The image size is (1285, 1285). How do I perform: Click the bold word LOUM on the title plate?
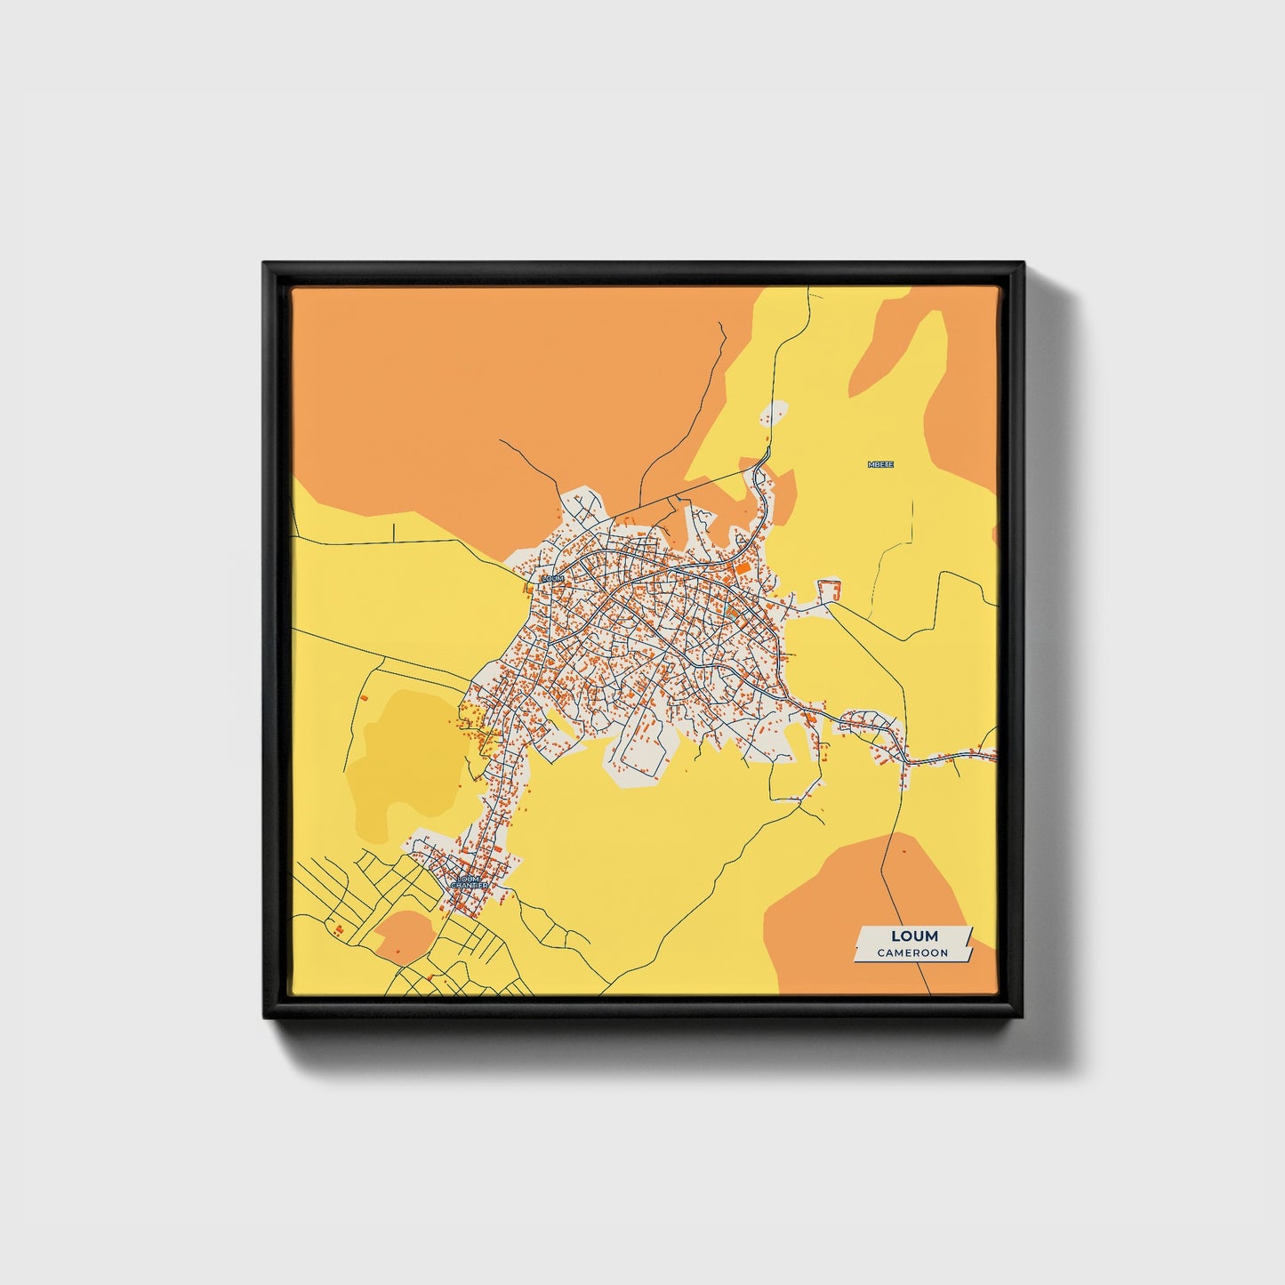[x=914, y=936]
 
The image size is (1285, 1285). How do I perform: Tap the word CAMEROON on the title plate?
[x=912, y=953]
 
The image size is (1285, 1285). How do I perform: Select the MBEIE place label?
[x=880, y=464]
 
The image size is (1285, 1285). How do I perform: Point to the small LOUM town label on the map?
[x=552, y=579]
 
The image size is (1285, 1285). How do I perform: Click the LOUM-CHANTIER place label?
[x=468, y=882]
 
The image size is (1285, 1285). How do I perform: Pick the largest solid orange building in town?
[x=741, y=566]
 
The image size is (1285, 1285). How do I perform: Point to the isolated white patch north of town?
[x=775, y=414]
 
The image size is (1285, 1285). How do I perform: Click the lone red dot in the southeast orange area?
[x=904, y=851]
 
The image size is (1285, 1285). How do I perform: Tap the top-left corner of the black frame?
[x=265, y=264]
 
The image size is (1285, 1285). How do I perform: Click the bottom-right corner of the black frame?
[x=1022, y=1016]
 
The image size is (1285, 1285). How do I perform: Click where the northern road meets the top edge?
[x=807, y=289]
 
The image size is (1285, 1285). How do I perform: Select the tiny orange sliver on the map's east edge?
[x=994, y=534]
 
